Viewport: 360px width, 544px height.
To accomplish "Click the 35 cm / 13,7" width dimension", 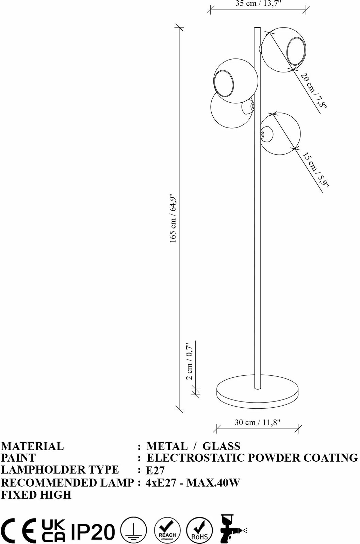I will point(258,4).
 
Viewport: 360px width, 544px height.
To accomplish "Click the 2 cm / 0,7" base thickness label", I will point(190,361).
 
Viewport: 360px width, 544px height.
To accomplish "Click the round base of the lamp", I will point(258,393).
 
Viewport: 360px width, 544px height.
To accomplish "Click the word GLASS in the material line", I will point(222,446).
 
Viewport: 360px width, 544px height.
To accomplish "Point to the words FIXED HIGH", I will point(36,495).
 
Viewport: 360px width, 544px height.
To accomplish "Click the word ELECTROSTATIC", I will point(195,458).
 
